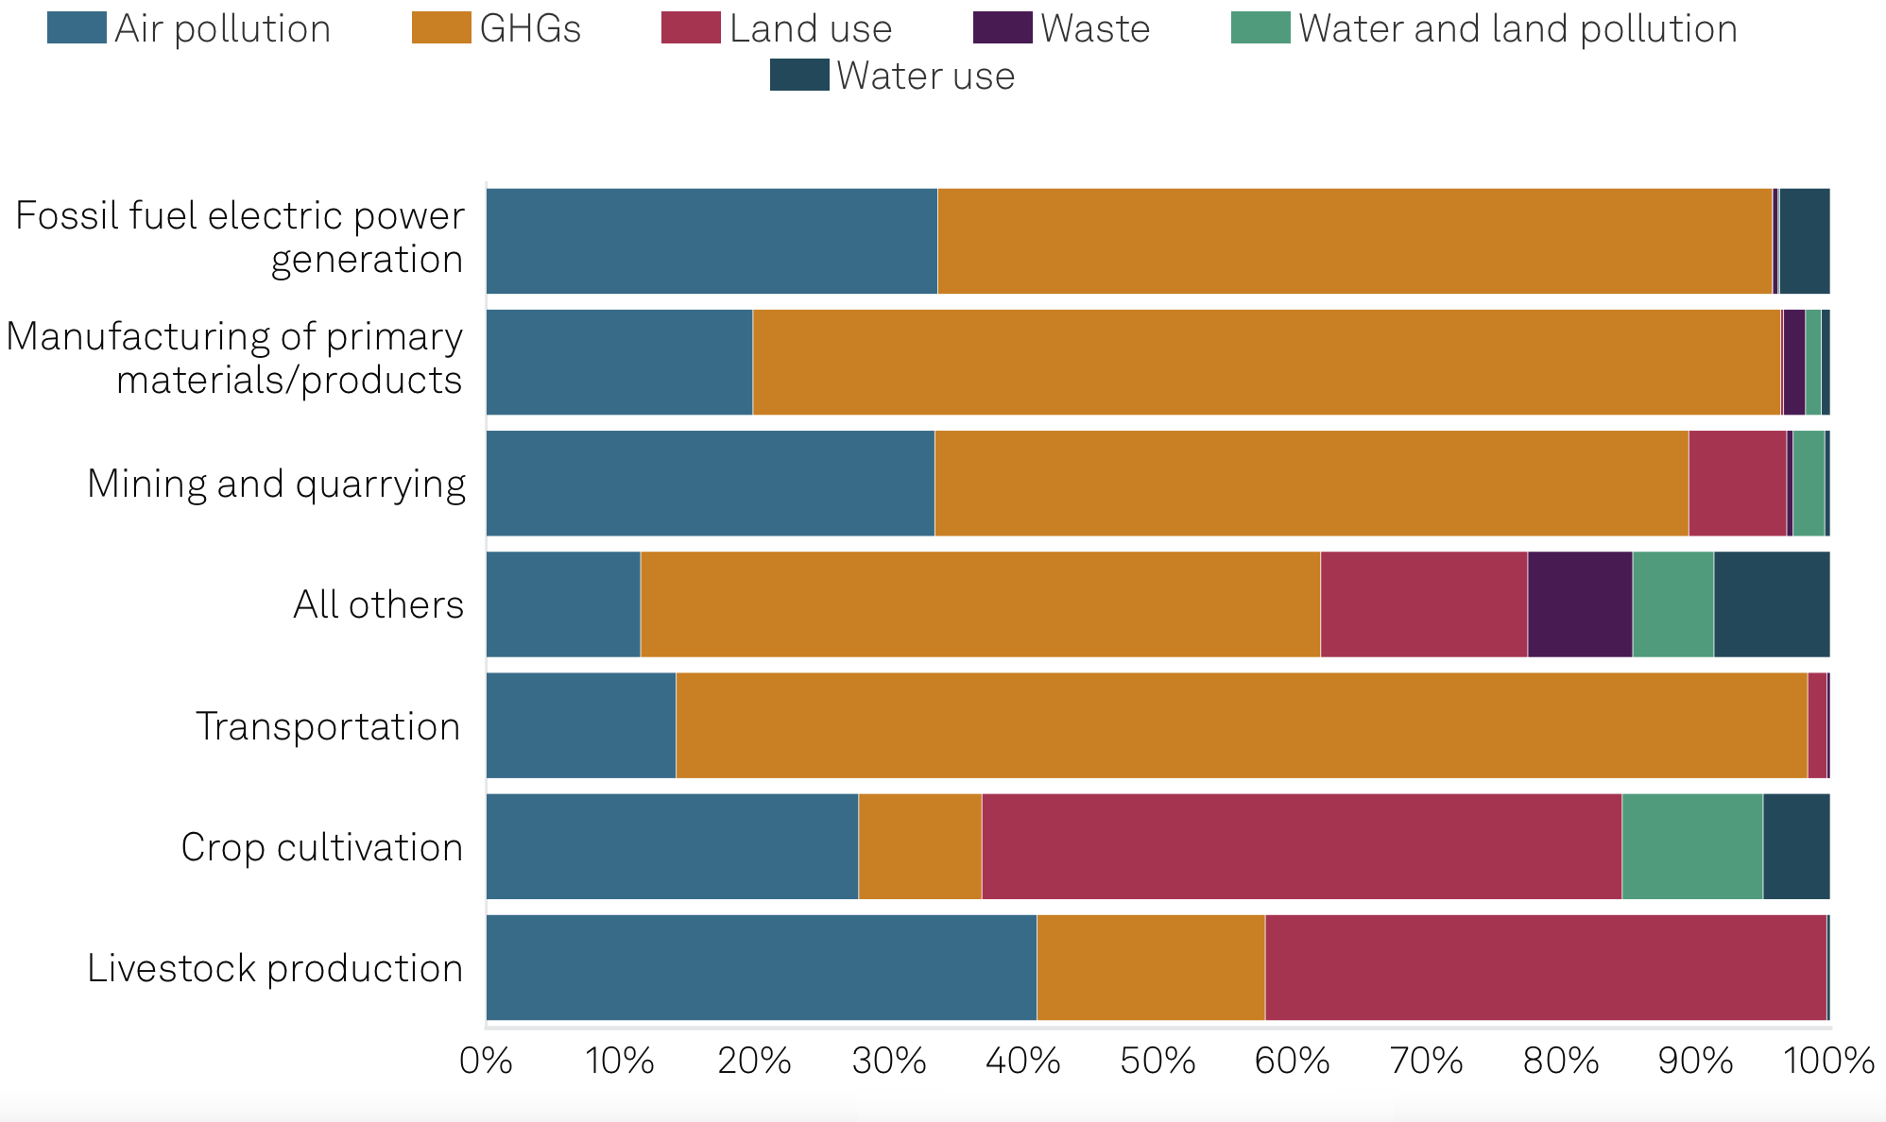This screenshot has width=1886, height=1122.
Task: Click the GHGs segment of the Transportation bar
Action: tap(1241, 725)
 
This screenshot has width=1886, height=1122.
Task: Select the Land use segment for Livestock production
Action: tap(1545, 967)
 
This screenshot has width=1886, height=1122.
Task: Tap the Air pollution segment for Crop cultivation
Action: tap(672, 846)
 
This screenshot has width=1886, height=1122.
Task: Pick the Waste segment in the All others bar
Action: tap(1580, 604)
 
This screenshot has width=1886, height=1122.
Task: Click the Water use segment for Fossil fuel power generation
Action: tap(1804, 241)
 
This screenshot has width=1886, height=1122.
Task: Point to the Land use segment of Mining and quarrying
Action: tap(1737, 484)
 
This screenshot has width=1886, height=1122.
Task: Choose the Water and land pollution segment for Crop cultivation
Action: tap(1691, 846)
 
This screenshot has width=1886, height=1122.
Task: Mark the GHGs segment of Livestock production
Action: tap(1150, 967)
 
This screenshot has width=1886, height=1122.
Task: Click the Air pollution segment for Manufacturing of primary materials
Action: tap(619, 362)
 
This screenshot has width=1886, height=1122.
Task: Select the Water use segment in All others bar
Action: tap(1771, 604)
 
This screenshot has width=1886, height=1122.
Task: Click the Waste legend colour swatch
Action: tap(1002, 28)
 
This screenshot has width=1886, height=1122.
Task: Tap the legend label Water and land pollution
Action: tap(1517, 28)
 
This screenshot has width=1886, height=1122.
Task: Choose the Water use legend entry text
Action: tap(925, 76)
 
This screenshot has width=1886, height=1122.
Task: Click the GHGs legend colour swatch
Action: tap(441, 28)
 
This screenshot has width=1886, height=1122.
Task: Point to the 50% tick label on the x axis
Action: tap(1157, 1061)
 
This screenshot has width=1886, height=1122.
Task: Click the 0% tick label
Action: tap(486, 1061)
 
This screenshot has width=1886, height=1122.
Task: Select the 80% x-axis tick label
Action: tap(1561, 1061)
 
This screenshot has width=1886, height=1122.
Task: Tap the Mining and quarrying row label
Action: tap(276, 484)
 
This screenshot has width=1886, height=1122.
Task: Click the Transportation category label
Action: tap(328, 726)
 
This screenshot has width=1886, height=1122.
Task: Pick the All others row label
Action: tap(378, 604)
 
